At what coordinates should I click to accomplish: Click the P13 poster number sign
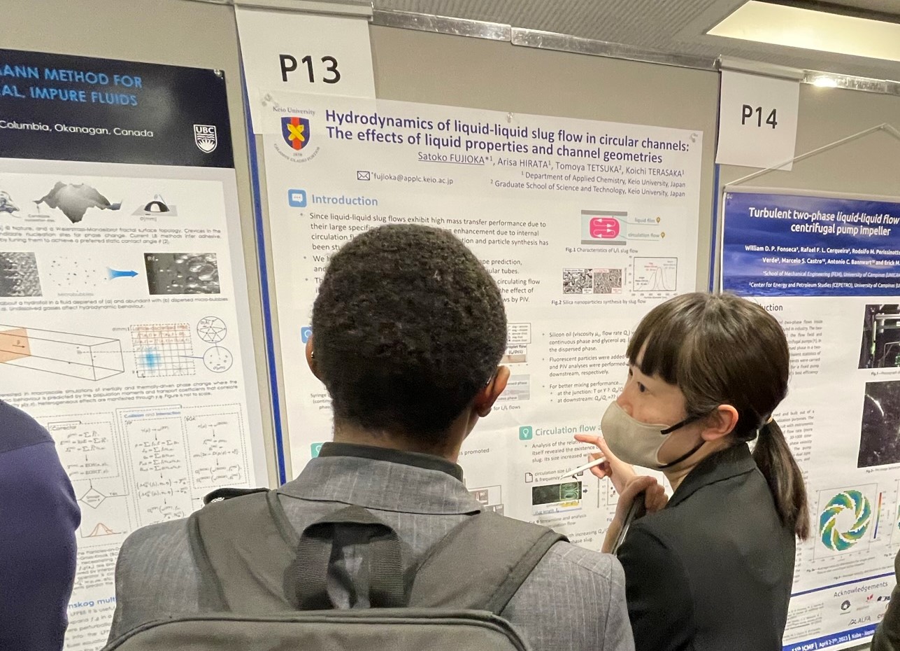pos(310,69)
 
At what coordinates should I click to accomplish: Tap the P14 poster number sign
pos(759,117)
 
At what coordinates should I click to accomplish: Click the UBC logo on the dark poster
pos(205,138)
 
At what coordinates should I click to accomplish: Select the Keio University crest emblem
pos(295,134)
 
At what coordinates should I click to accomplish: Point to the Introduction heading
pos(344,200)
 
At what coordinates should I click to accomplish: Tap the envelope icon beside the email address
pos(363,176)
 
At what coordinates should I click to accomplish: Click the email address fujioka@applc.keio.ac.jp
pos(415,180)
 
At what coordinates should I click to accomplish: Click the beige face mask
pos(632,433)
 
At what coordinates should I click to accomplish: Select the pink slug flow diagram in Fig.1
pos(603,227)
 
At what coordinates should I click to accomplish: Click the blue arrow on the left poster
pos(122,274)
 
